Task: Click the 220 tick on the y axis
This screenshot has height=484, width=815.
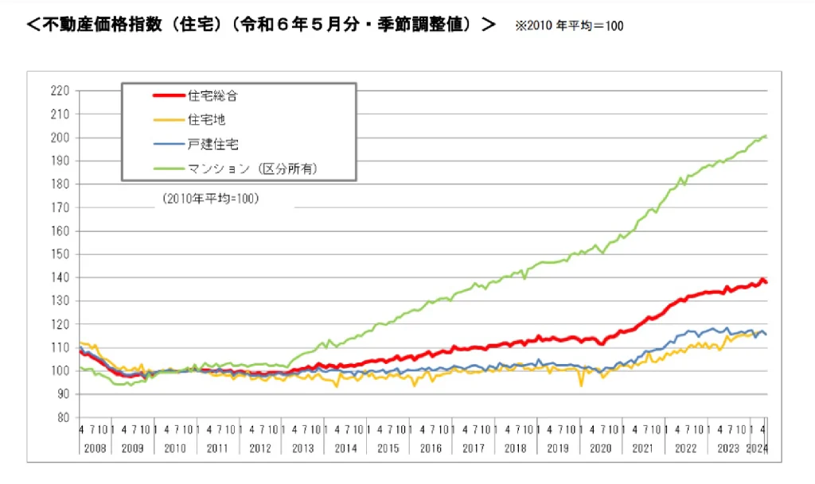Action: pos(60,91)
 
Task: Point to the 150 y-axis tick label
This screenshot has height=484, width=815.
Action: pos(60,254)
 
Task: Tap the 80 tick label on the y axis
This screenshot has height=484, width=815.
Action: pos(64,417)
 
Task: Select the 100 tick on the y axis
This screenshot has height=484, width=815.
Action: pos(60,371)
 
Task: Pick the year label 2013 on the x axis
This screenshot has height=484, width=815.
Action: pos(303,448)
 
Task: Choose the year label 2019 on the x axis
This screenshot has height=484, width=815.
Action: pos(558,448)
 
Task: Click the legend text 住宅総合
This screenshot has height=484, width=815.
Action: pos(213,96)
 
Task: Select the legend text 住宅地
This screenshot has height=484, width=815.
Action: pos(206,120)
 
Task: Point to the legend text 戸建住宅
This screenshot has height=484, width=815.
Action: pos(213,145)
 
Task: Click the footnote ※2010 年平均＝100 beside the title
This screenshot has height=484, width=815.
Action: pos(569,26)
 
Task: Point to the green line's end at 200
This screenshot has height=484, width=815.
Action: pos(766,137)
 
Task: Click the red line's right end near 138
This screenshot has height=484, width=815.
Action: pos(766,282)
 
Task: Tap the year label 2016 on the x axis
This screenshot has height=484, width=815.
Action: pos(431,448)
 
